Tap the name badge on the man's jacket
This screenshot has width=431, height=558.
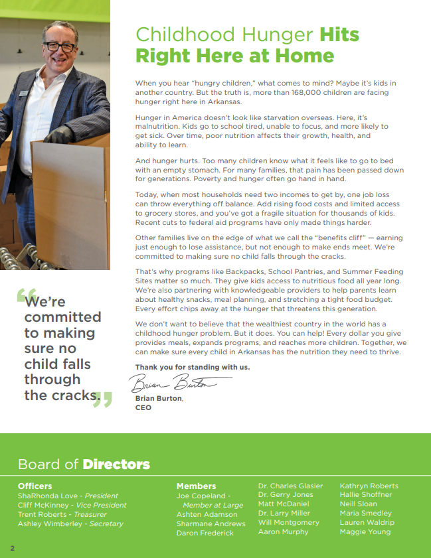[x=23, y=93]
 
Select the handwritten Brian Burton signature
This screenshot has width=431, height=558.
[x=180, y=383]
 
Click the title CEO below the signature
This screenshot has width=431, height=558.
[x=143, y=407]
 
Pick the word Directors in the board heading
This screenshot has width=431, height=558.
[x=116, y=464]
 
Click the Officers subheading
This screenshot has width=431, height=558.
[x=35, y=486]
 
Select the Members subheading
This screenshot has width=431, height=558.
[x=196, y=486]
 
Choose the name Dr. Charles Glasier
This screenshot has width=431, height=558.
[x=290, y=486]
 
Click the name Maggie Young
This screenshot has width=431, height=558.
[x=365, y=532]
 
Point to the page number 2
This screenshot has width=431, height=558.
[x=12, y=548]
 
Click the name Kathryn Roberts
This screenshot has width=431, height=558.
[x=369, y=486]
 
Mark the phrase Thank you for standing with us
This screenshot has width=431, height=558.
[x=193, y=367]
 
